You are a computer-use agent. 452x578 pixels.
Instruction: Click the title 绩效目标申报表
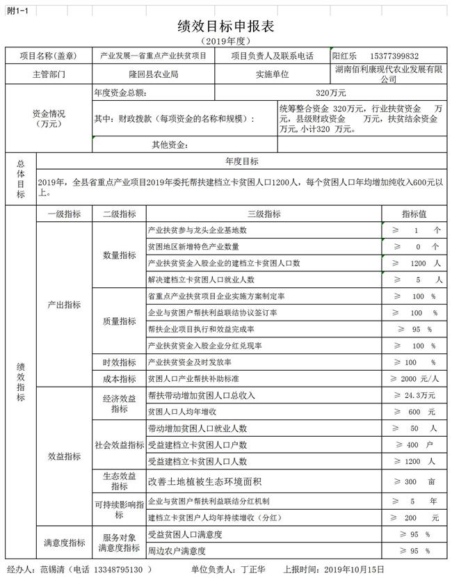tap(226, 26)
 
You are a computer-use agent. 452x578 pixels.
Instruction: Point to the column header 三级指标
tap(264, 214)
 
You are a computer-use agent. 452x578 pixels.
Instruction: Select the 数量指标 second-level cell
tap(119, 255)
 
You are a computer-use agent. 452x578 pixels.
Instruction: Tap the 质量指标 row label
tap(119, 321)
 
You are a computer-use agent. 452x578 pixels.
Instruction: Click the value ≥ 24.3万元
tap(415, 395)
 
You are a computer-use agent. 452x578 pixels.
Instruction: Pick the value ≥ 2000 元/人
tap(415, 379)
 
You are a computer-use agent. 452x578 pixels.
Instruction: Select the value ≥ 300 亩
tap(415, 481)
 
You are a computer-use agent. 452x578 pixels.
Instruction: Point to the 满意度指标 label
tap(64, 543)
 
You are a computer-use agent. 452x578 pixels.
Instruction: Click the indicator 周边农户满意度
tap(177, 552)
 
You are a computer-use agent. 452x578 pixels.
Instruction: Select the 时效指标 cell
tap(119, 362)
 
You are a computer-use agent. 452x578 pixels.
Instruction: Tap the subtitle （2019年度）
tap(226, 42)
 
